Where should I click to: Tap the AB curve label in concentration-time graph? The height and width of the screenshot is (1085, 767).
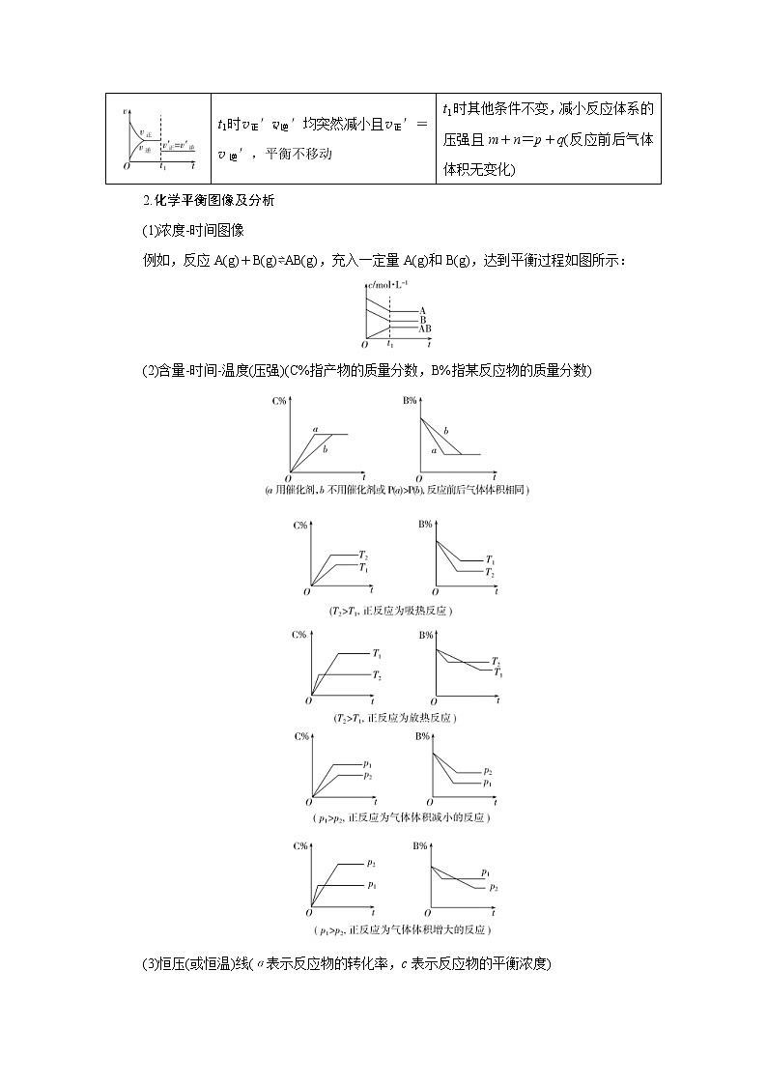pyautogui.click(x=425, y=329)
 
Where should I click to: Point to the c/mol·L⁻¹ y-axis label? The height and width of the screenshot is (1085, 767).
pyautogui.click(x=388, y=283)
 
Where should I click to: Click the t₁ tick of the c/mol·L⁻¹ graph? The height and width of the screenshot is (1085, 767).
pyautogui.click(x=390, y=344)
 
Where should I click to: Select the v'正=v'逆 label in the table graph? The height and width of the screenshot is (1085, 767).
pyautogui.click(x=179, y=146)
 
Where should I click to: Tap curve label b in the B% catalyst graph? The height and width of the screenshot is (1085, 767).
pyautogui.click(x=445, y=431)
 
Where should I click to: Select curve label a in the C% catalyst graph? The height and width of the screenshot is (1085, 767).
pyautogui.click(x=315, y=428)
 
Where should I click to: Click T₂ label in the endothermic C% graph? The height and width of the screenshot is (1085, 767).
pyautogui.click(x=362, y=555)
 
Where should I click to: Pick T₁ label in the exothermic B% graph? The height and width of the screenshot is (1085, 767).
pyautogui.click(x=498, y=671)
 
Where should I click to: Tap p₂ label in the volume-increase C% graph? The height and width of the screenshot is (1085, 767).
pyautogui.click(x=371, y=862)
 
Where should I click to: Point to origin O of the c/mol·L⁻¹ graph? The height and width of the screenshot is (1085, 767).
pyautogui.click(x=364, y=344)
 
